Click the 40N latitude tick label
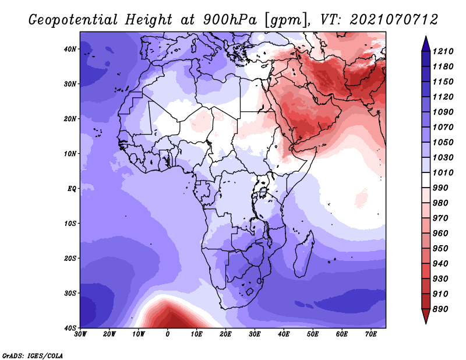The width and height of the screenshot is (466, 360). coord(70,49)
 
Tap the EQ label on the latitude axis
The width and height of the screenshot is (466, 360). coord(72,189)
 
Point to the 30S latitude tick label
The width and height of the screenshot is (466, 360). coord(70,294)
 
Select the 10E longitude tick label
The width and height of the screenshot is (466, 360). coord(196,334)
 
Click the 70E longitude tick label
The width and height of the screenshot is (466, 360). coord(371,334)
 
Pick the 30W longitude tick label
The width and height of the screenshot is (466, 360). coord(80,334)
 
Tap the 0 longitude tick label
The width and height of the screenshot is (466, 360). coord(168,334)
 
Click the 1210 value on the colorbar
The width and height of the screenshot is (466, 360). coord(443,51)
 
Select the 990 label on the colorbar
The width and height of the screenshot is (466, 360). coord(440,188)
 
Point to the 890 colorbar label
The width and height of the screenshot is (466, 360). coord(440,309)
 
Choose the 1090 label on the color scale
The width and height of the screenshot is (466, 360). coord(443,112)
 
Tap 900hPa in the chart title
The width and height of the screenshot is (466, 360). coord(230,20)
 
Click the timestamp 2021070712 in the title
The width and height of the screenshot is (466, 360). coord(394,20)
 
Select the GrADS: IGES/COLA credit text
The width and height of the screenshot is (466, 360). coord(33,356)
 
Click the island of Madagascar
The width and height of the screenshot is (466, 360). coord(303,254)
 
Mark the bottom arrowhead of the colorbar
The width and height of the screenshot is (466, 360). coord(426,316)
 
